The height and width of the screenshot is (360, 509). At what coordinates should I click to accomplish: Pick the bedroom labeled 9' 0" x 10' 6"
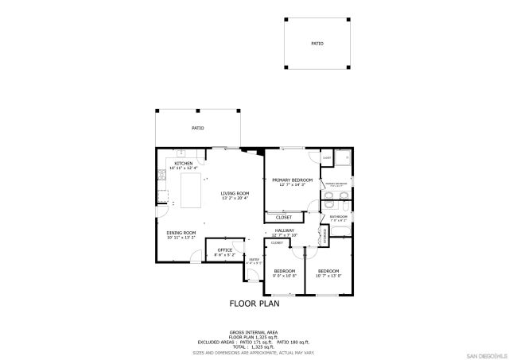coord(284,273)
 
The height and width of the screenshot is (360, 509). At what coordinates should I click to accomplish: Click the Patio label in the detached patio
coord(317,45)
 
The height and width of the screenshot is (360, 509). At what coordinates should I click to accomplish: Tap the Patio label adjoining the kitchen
coord(197,128)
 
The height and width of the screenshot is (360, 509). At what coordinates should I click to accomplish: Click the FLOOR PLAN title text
coord(254,303)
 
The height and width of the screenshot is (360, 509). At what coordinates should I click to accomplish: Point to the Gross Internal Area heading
coord(254,332)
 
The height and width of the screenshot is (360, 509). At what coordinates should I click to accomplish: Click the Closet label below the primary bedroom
coord(283,217)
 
